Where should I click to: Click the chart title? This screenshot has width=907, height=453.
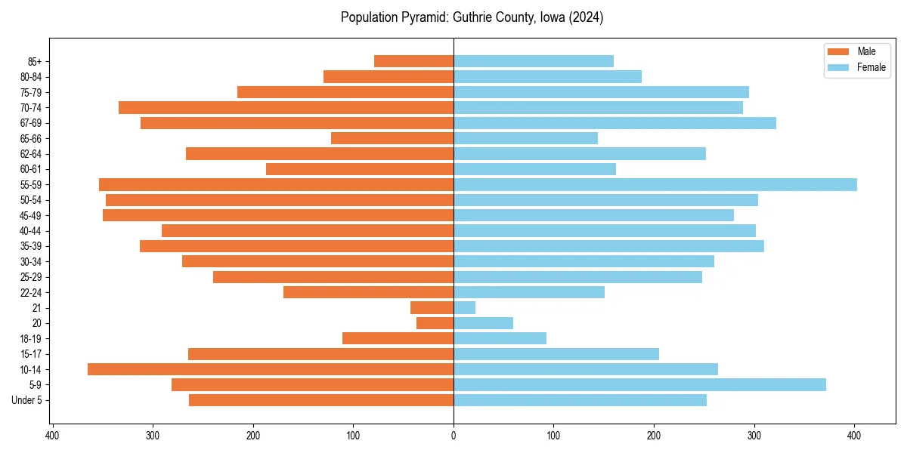(x=472, y=17)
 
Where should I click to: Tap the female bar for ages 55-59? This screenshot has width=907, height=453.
(x=655, y=184)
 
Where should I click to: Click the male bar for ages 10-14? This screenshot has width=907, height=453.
(x=271, y=369)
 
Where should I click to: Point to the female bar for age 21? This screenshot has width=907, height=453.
(x=464, y=307)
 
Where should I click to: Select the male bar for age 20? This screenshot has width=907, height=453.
(x=435, y=323)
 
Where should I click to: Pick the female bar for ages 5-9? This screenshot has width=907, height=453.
(x=639, y=384)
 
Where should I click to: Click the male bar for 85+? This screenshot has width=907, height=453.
(x=413, y=61)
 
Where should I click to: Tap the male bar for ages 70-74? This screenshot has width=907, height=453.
(x=286, y=107)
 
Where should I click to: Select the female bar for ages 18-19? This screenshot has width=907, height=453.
(x=500, y=338)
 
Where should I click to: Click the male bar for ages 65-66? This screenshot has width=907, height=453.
(x=392, y=138)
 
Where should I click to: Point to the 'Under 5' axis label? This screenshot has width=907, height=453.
(x=26, y=400)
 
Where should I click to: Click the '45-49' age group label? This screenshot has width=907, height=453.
(x=30, y=215)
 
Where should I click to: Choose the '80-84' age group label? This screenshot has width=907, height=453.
(x=30, y=77)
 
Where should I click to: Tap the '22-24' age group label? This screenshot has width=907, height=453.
(x=30, y=292)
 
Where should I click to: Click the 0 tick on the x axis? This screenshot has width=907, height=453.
(x=453, y=436)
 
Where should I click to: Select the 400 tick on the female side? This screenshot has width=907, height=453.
(x=854, y=436)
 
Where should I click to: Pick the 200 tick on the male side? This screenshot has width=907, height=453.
(x=253, y=436)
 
